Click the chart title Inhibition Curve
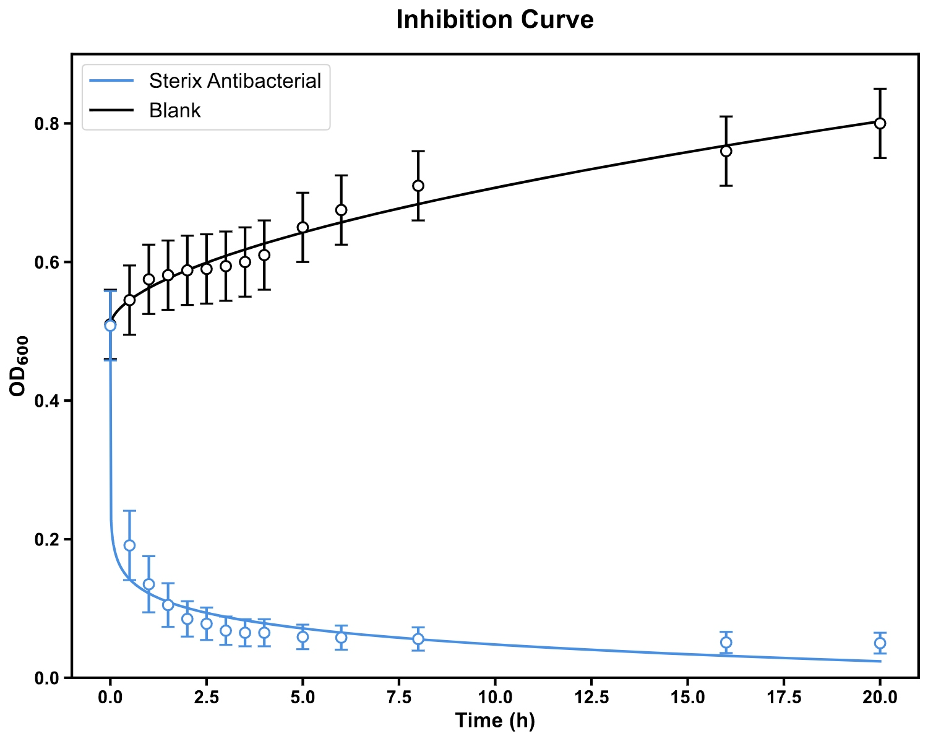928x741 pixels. (495, 20)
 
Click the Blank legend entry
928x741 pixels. (175, 110)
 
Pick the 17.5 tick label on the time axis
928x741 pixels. (784, 698)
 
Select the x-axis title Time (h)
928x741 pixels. (495, 721)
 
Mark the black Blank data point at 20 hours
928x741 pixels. (880, 123)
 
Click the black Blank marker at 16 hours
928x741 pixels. (726, 151)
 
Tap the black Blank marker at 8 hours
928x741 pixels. (418, 186)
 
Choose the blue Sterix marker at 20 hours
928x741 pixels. (880, 643)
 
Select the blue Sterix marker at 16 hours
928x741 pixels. (726, 643)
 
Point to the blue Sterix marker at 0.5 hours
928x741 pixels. (129, 545)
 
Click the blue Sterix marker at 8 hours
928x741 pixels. (418, 639)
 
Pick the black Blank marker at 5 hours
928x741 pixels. (303, 227)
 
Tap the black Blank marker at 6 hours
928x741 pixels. (341, 210)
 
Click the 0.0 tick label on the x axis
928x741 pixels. (110, 698)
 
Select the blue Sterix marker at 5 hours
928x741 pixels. (303, 636)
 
